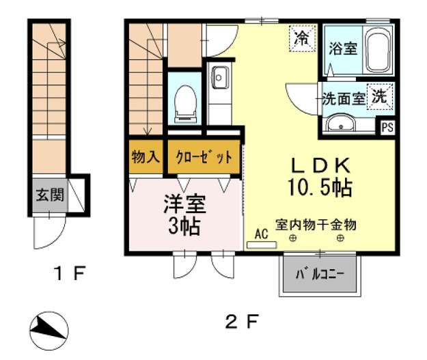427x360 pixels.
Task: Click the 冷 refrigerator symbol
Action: (301, 38)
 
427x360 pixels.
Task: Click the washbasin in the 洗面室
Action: (340, 124)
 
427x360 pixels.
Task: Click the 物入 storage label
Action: (145, 156)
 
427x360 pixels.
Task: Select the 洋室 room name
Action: (184, 203)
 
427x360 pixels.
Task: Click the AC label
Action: (261, 233)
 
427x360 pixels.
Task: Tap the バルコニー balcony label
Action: (319, 277)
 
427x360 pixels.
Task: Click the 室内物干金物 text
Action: (316, 224)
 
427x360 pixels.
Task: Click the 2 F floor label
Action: (243, 320)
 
